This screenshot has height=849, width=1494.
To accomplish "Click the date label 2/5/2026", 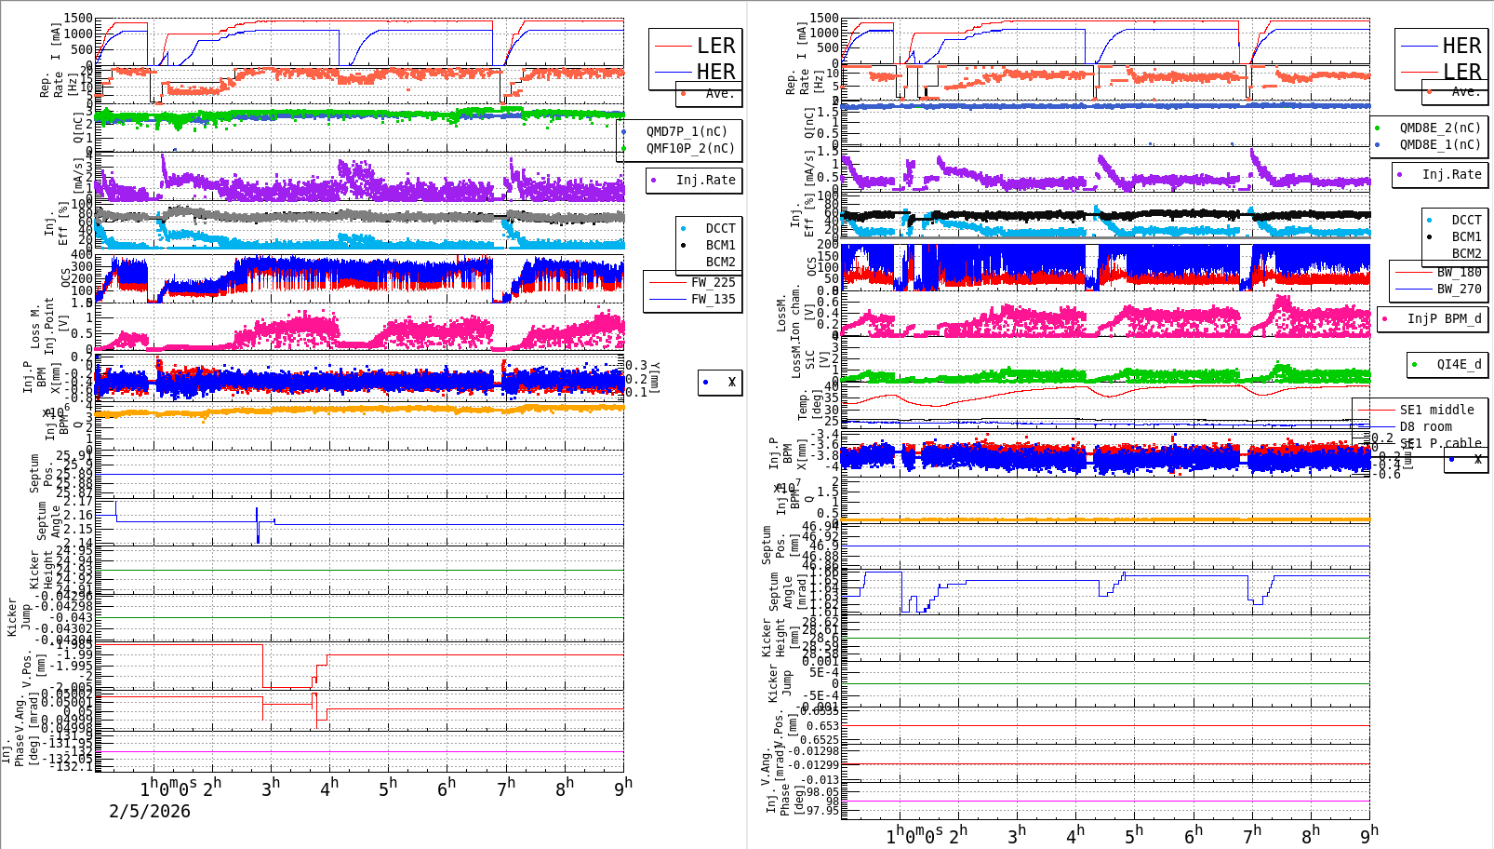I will [x=150, y=811].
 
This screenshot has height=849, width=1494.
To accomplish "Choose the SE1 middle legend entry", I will [x=1436, y=410].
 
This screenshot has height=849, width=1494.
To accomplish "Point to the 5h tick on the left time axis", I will [x=388, y=788].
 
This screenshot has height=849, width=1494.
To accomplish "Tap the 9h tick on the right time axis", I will [x=1369, y=833].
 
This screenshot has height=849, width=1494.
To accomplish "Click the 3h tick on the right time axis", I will [x=1017, y=833].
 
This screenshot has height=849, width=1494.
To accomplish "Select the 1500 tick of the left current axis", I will [x=79, y=19].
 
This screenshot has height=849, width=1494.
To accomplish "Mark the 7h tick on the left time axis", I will [x=506, y=788].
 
